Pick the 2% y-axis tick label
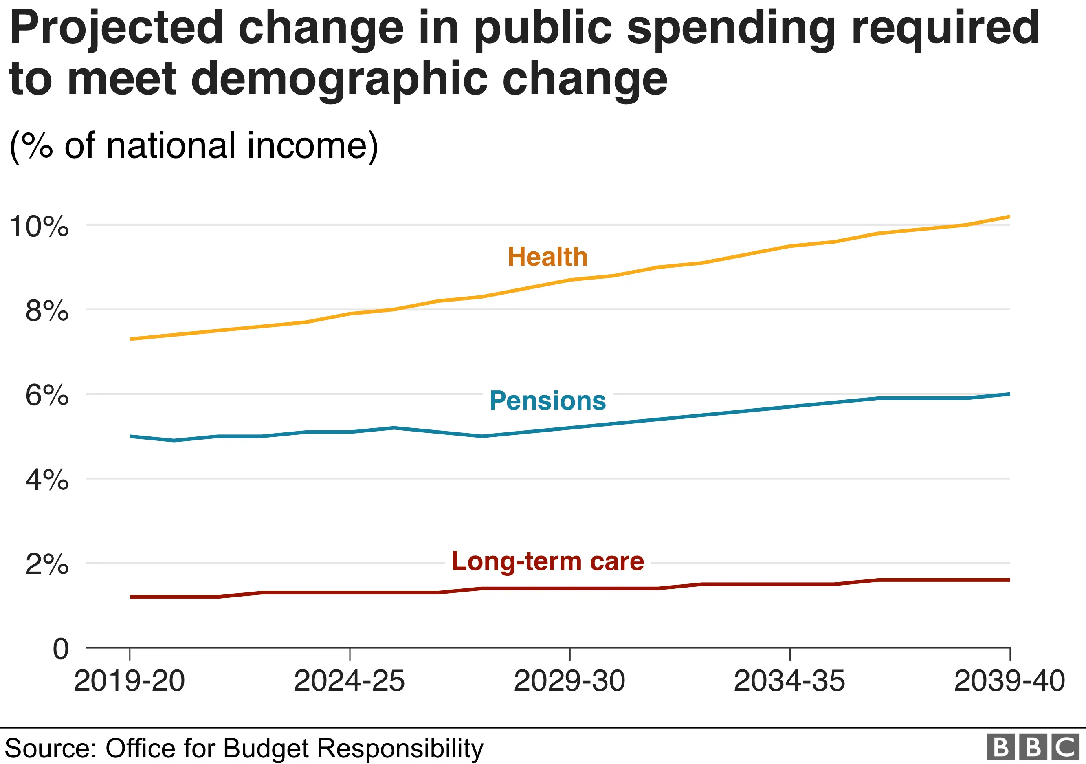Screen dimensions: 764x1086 (x=46, y=564)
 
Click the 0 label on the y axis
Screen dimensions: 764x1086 (x=61, y=649)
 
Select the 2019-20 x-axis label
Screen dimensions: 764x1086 (x=129, y=681)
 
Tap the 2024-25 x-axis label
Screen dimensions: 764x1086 (x=349, y=681)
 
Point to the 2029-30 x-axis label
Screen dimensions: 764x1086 (x=569, y=681)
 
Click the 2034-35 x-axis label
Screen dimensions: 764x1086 (x=789, y=681)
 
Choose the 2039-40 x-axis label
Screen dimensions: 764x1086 (x=1009, y=681)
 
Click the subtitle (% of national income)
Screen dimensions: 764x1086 (x=193, y=146)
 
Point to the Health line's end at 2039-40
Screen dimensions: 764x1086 (x=1009, y=217)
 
